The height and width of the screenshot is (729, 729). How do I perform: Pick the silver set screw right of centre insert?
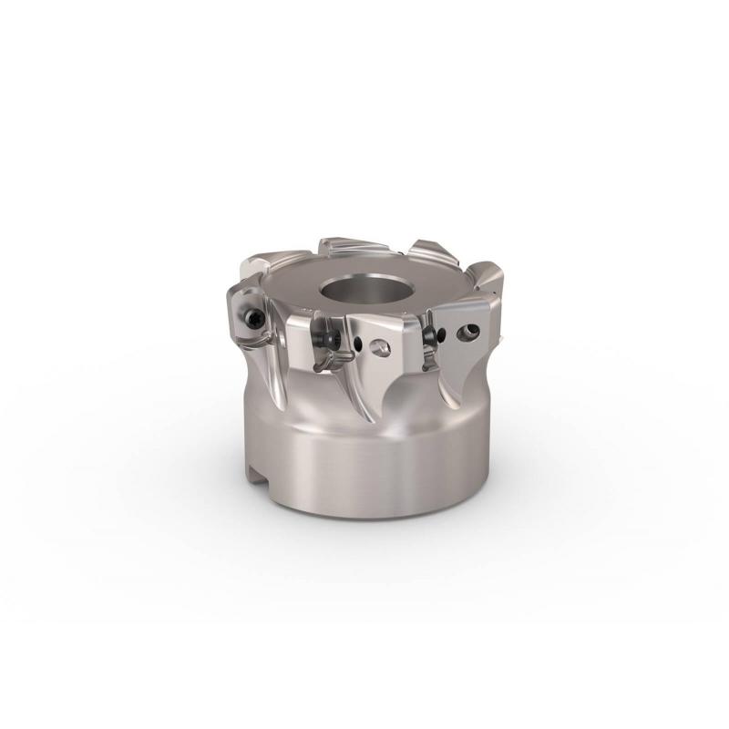coord(379,347)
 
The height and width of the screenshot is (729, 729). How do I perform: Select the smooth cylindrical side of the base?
coord(364,465)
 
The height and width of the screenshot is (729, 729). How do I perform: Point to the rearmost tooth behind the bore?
coord(351,248)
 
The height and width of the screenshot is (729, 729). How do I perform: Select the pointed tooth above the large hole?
coord(483,282)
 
